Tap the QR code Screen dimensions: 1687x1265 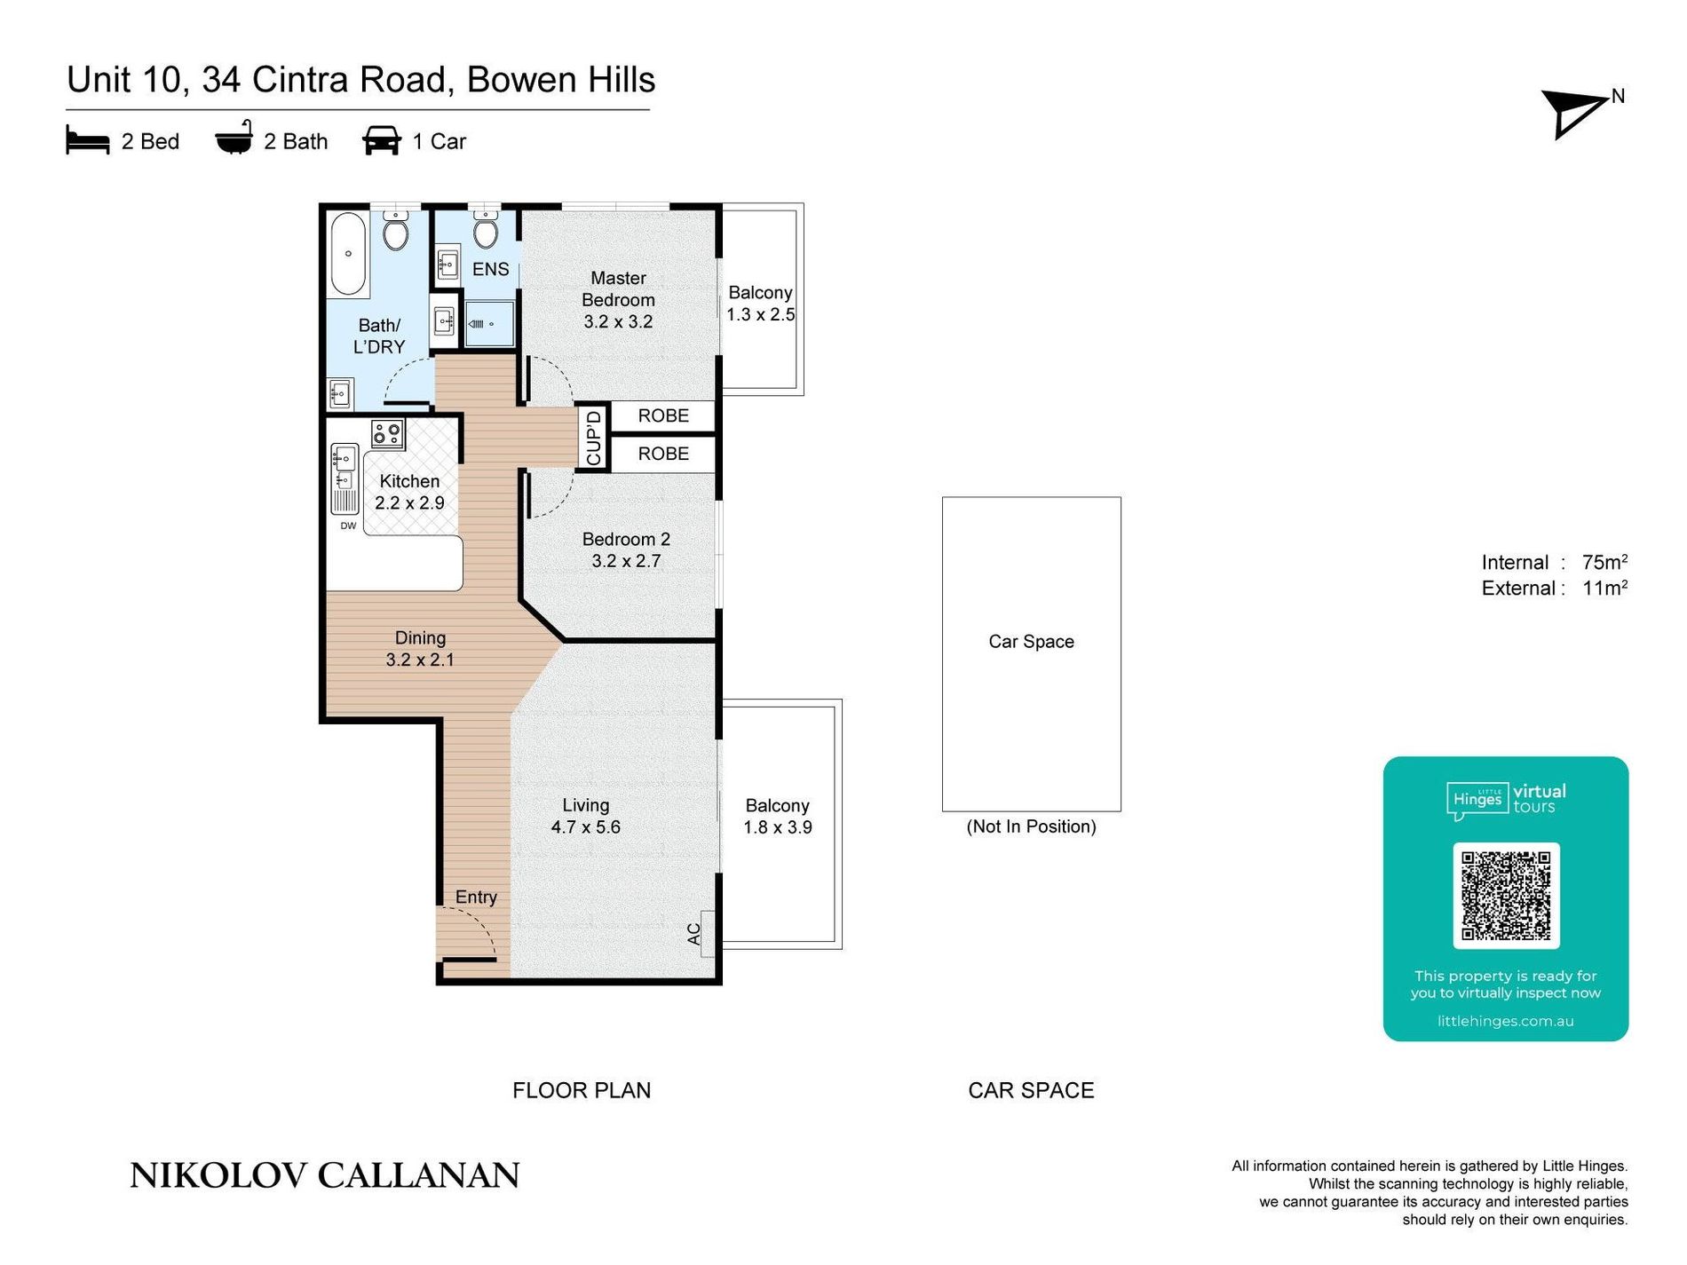(x=1506, y=895)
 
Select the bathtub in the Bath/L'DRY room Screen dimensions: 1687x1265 (x=348, y=253)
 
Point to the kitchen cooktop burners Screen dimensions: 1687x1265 (x=388, y=434)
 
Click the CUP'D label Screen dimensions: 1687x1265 (x=594, y=437)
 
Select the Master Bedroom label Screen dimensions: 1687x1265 (x=618, y=289)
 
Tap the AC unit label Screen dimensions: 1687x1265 (x=694, y=934)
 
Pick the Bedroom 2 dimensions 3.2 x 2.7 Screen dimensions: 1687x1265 (x=626, y=561)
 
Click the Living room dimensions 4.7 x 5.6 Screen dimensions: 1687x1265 (x=585, y=827)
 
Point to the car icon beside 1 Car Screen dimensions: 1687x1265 (x=382, y=140)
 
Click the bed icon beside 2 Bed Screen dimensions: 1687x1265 (x=87, y=140)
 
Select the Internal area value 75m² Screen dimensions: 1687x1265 (x=1604, y=562)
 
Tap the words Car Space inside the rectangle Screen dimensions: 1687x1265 (x=1031, y=642)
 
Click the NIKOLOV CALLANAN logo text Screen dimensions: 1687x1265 (x=325, y=1175)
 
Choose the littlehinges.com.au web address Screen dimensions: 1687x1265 (x=1505, y=1021)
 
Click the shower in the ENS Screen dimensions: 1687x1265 (x=488, y=323)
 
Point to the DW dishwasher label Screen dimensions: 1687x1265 (x=348, y=526)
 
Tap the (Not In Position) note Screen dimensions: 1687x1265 (x=1031, y=826)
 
